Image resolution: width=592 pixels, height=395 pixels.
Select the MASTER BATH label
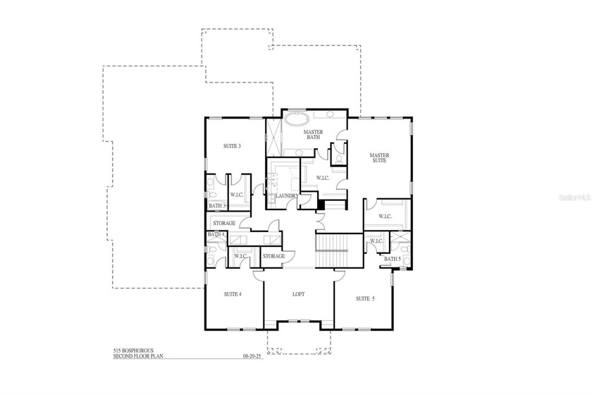313,135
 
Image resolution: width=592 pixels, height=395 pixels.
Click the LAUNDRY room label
286,195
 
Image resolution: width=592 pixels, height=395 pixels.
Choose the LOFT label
299,293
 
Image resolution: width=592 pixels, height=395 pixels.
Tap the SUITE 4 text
232,293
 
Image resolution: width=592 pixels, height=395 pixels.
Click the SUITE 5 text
365,298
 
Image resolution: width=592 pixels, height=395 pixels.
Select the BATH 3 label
217,206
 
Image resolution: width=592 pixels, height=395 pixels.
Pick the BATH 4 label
216,234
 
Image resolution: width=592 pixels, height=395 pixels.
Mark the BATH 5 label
393,259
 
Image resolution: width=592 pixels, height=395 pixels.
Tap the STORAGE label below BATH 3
224,223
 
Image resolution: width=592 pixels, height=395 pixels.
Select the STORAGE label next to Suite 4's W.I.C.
273,255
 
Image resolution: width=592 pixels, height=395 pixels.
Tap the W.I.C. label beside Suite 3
237,195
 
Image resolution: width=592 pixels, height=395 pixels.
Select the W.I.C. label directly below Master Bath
323,178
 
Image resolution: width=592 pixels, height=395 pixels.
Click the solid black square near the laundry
321,205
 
